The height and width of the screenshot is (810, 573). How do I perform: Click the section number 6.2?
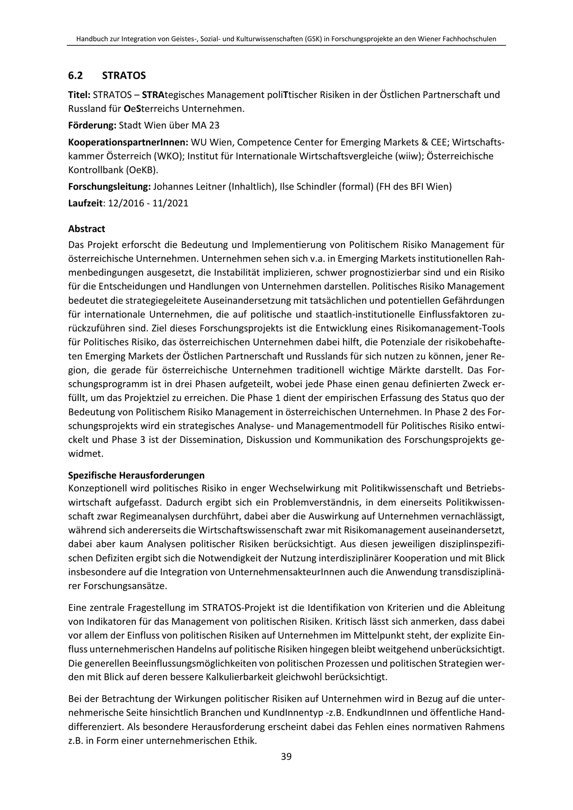click(76, 76)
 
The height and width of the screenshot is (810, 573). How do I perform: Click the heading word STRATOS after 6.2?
click(123, 76)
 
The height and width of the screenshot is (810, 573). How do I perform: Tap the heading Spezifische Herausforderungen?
click(136, 475)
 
